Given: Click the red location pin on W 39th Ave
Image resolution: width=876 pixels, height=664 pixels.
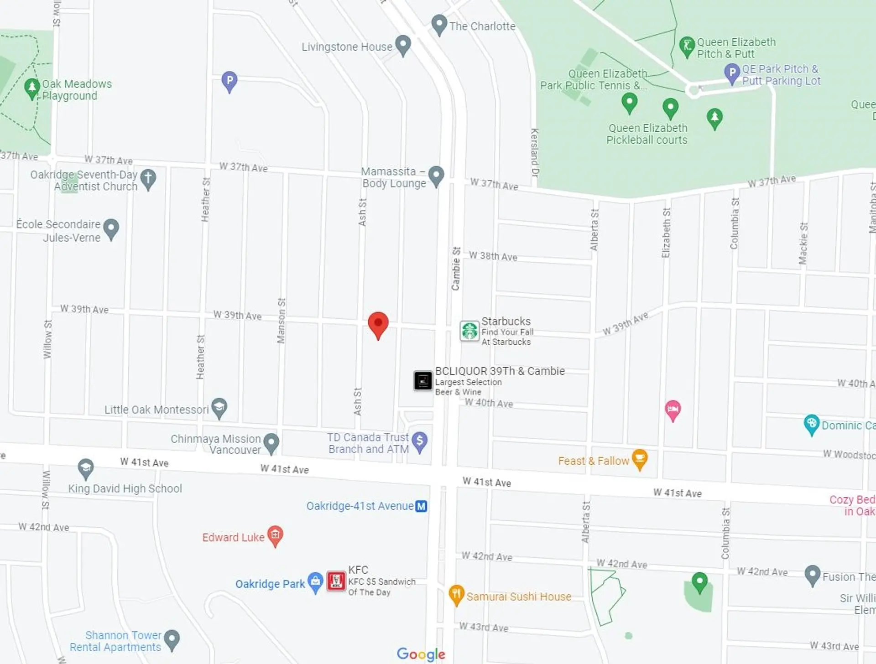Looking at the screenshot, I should click(x=378, y=324).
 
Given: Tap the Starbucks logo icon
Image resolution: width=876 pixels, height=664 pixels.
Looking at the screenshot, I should click(x=469, y=331).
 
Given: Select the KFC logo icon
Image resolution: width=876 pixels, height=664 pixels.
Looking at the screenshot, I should click(x=336, y=581).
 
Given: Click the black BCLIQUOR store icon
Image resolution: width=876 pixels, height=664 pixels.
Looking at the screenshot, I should click(x=423, y=380).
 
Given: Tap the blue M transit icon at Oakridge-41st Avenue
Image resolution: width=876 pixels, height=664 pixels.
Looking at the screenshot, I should click(x=422, y=506).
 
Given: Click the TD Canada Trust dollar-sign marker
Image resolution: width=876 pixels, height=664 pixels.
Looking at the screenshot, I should click(x=419, y=441).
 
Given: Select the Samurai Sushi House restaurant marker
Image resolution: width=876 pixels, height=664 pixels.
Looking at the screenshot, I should click(x=456, y=594).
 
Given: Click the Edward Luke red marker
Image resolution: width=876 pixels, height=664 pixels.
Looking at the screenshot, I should click(x=275, y=535).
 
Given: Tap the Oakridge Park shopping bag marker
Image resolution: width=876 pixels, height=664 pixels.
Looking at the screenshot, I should click(x=315, y=581).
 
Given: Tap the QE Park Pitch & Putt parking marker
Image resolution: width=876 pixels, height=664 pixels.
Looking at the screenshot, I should click(x=732, y=73).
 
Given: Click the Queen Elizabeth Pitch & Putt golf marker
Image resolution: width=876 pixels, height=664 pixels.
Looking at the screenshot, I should click(x=687, y=46).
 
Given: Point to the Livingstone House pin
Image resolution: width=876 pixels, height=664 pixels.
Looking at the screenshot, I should click(x=403, y=44).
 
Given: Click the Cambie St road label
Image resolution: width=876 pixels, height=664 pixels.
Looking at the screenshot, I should click(x=456, y=269).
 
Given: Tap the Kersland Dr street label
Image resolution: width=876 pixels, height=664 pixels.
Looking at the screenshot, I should click(x=534, y=152).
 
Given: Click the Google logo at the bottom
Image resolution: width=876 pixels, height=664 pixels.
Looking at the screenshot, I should click(x=421, y=654).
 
